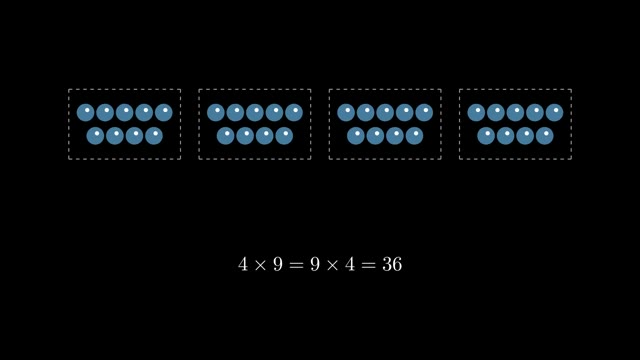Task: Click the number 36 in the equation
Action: point(392,264)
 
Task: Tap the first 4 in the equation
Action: point(243,264)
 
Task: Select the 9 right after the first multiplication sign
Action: point(278,264)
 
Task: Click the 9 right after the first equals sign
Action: point(315,264)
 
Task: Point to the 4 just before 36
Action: point(350,264)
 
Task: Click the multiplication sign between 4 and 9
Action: point(260,265)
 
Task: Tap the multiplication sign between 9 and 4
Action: point(333,265)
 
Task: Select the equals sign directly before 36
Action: point(368,265)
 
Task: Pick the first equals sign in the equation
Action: point(296,265)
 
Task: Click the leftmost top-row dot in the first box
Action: point(85,113)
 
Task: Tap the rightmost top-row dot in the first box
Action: point(164,113)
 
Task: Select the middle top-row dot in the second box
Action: point(255,113)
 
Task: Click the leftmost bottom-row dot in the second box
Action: point(225,136)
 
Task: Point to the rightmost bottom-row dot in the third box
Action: point(414,136)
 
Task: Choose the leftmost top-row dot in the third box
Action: point(346,113)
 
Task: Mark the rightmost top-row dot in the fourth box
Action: point(554,113)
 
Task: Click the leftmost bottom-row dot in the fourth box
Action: point(486,136)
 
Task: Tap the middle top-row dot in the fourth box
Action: point(515,113)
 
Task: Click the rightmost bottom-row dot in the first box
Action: point(154,136)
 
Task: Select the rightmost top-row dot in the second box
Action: point(294,113)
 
